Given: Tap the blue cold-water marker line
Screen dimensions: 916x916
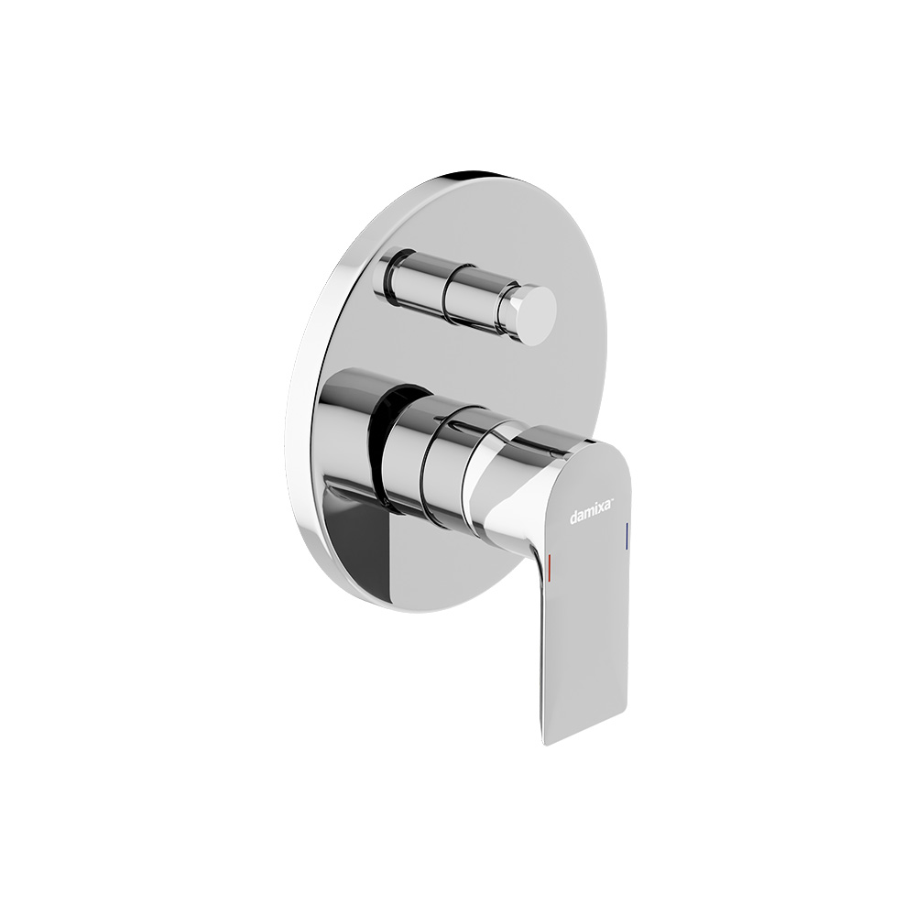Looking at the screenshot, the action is [627, 535].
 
